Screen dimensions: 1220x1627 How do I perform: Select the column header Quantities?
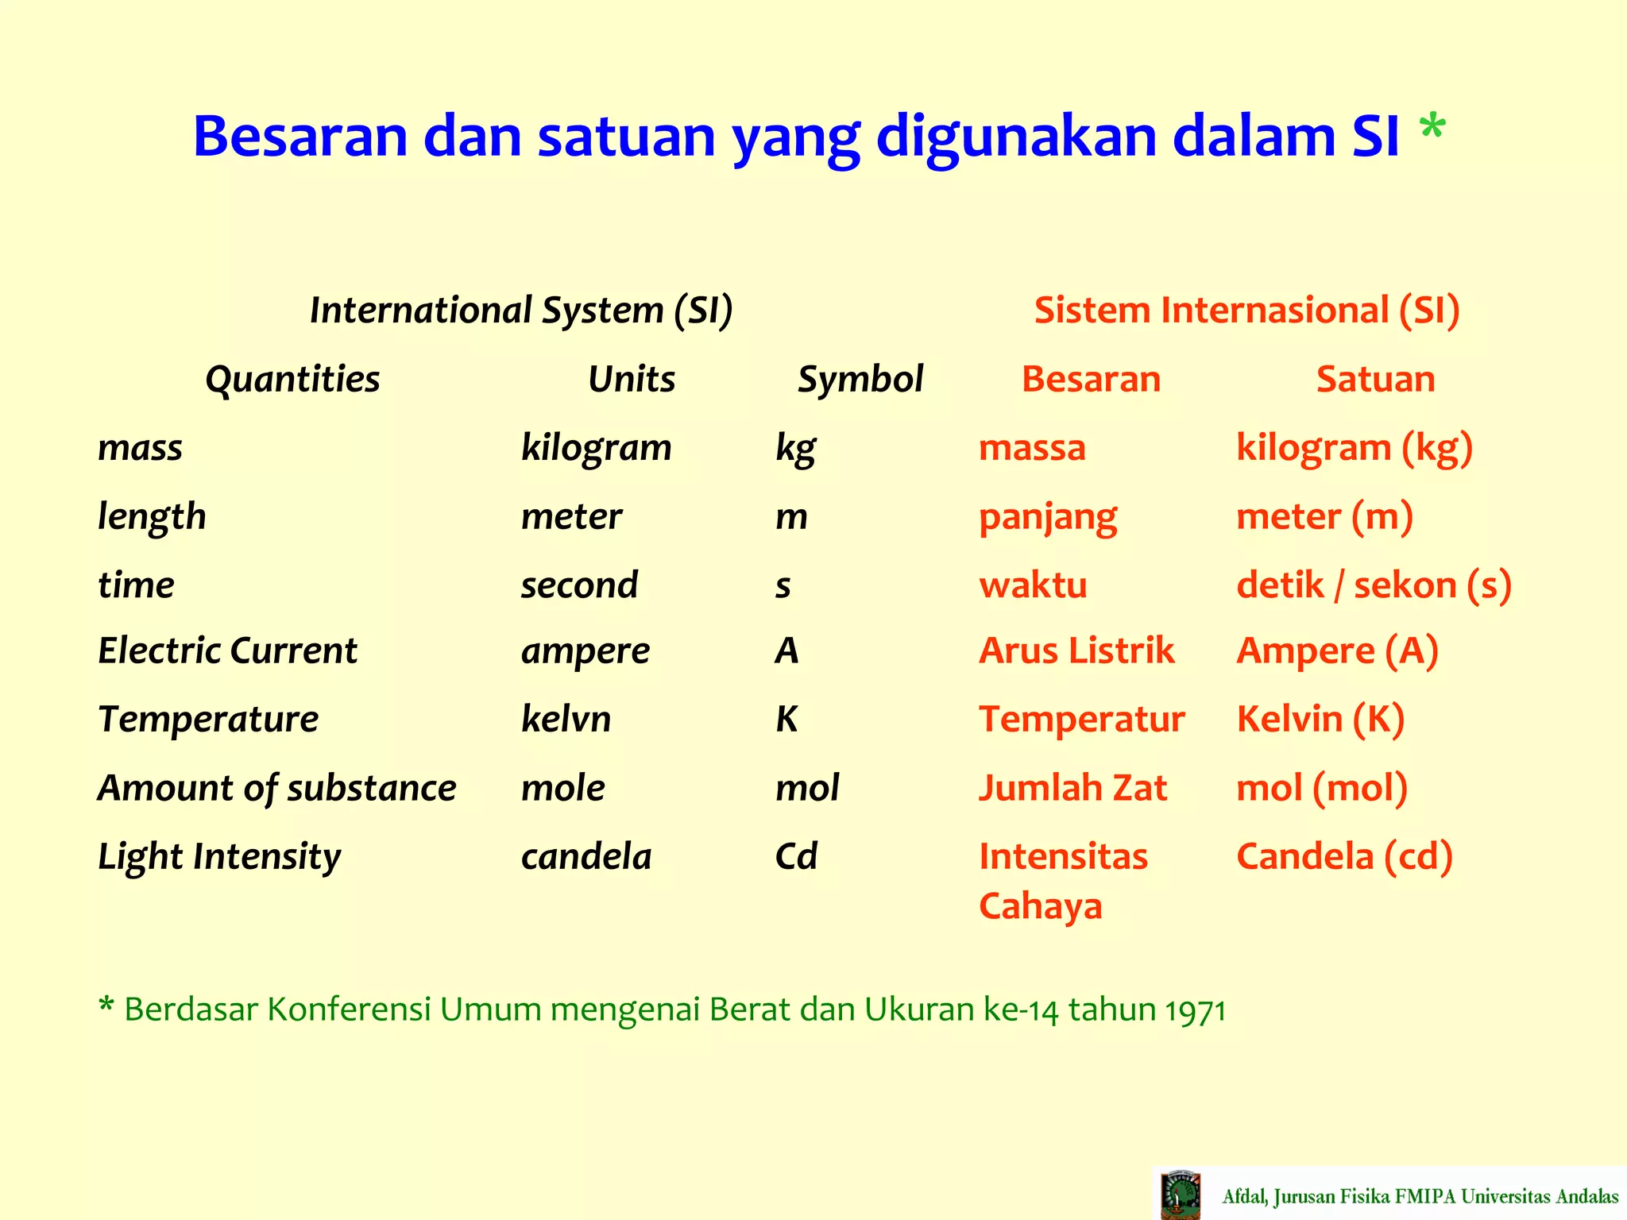292,379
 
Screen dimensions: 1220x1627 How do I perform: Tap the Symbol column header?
860,379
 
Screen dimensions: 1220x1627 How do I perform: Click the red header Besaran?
1091,379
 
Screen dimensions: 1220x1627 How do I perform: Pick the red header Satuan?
1375,379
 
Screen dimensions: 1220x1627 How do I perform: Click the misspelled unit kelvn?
566,719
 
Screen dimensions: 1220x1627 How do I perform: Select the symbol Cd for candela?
796,856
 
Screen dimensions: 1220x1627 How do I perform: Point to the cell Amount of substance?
276,788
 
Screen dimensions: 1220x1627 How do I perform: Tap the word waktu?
1033,585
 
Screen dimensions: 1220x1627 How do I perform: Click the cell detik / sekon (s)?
1374,585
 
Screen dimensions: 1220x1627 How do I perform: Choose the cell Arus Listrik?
1076,651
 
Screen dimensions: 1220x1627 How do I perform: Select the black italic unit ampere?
585,651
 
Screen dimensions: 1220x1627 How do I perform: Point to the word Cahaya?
1040,906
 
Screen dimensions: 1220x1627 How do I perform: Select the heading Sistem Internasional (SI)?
1246,310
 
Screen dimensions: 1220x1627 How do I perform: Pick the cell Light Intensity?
218,857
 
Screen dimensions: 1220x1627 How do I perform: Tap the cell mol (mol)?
1322,788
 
